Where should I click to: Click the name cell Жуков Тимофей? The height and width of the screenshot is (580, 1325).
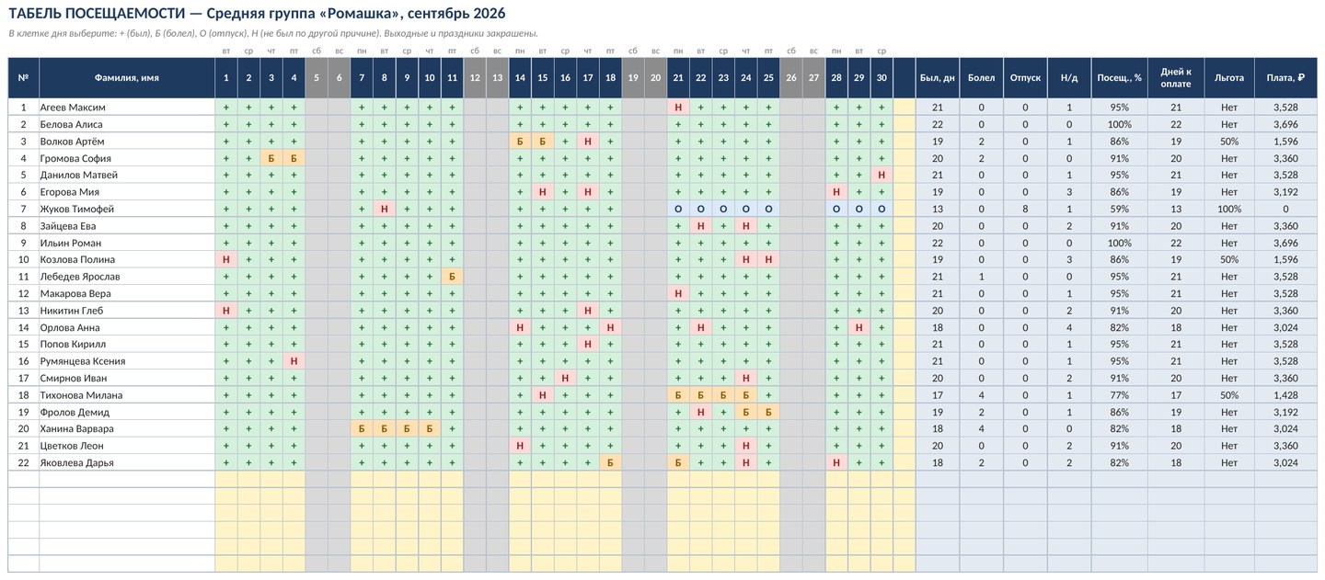[127, 209]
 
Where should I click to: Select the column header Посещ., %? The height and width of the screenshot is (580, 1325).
[1119, 77]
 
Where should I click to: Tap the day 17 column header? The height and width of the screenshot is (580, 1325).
[588, 77]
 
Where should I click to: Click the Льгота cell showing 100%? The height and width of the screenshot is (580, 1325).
[1229, 209]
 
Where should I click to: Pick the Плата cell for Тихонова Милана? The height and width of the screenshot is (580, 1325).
[1286, 395]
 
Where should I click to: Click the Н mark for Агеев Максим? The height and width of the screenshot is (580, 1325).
[678, 108]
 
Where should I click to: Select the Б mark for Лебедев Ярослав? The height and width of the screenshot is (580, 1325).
[453, 277]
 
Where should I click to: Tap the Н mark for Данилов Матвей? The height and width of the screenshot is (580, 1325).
[881, 175]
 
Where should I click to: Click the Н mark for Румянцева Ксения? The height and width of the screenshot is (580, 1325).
[294, 361]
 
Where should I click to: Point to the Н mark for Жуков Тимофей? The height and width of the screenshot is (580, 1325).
[385, 209]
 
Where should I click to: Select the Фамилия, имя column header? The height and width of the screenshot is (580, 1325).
[127, 77]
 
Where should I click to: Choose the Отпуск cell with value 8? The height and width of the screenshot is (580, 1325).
[1025, 209]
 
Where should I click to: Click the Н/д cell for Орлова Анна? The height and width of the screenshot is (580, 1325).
[1069, 328]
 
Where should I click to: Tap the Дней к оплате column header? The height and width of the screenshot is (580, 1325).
[1176, 77]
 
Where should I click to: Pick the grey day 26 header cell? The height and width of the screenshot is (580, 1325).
[791, 77]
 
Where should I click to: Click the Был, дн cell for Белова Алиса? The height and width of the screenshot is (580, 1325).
[938, 125]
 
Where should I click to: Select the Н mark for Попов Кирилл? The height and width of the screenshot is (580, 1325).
[588, 345]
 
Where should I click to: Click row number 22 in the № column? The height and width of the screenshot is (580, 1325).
[24, 463]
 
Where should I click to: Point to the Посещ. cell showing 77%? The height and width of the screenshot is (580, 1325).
[1119, 395]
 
